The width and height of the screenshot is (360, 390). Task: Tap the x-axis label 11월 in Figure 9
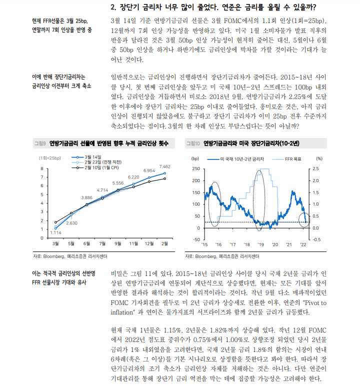coord(133,243)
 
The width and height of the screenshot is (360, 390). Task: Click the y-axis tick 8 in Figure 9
coord(42,169)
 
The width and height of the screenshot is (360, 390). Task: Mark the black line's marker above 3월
coord(55,222)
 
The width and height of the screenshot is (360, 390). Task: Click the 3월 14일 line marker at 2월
coord(164,173)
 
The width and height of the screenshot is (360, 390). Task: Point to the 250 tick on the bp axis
coord(195,168)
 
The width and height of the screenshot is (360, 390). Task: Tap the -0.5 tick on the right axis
coord(316,239)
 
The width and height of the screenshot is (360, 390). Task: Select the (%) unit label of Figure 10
coord(319,158)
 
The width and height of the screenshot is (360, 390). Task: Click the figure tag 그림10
coord(193,143)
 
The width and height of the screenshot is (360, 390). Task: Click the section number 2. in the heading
coord(112,7)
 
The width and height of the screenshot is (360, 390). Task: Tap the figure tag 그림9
coord(39,143)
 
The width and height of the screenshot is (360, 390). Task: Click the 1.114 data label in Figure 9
coord(55,233)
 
